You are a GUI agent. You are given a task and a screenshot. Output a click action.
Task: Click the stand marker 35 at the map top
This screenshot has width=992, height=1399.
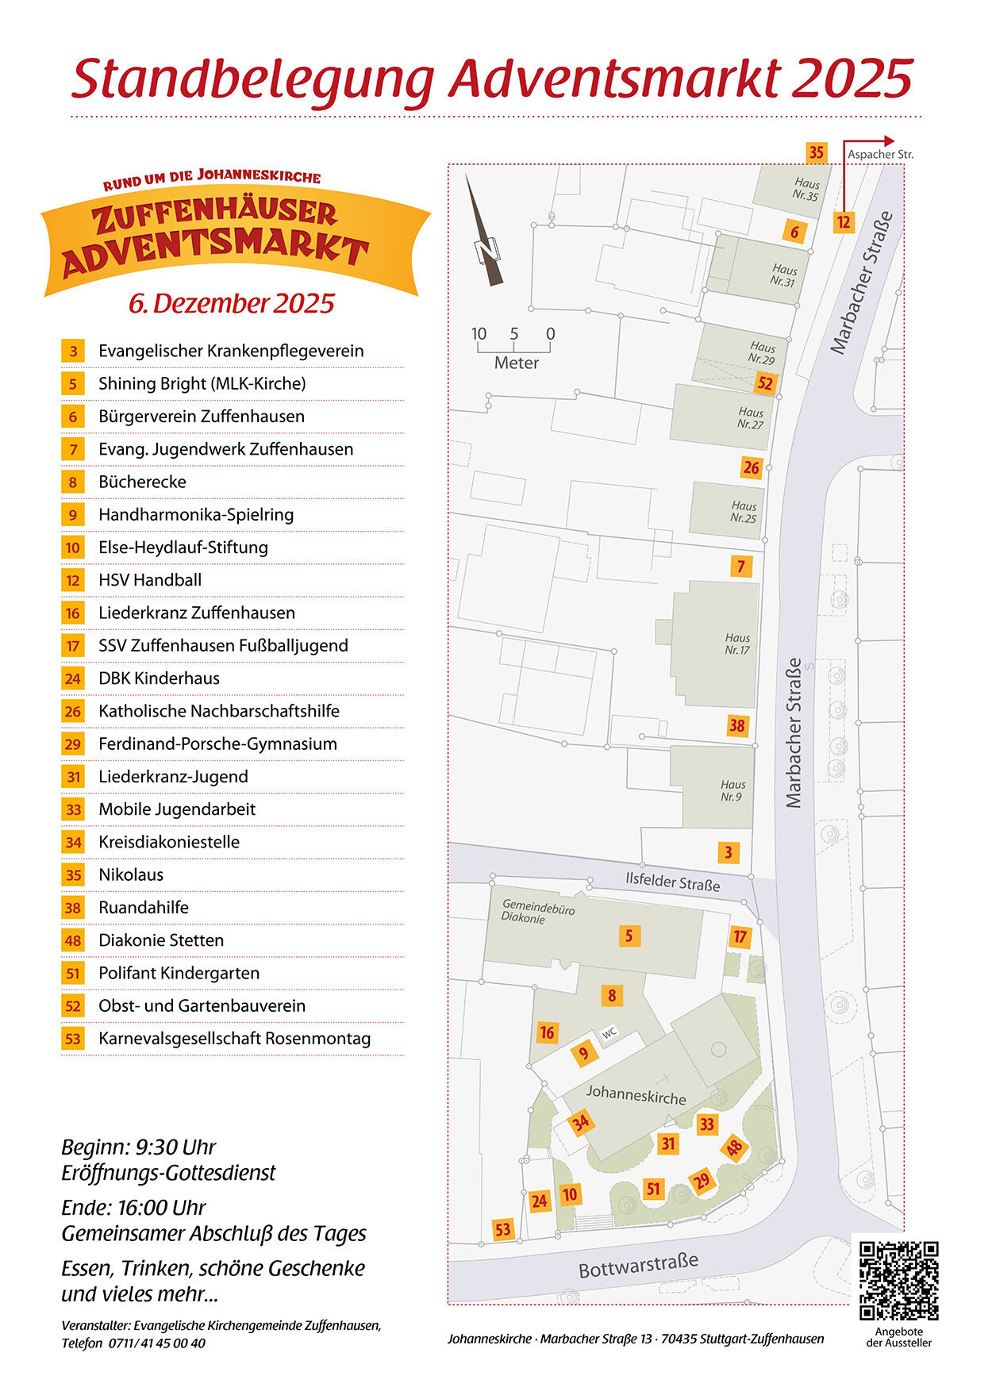point(816,152)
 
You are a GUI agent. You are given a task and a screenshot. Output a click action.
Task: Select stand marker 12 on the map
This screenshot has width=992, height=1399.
point(843,222)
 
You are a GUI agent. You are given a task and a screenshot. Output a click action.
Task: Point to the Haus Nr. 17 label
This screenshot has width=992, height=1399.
point(737,644)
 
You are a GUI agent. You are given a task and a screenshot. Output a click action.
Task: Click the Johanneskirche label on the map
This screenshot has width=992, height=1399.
point(636,1094)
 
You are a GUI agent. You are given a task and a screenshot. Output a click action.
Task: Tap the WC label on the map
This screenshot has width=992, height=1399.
point(609,1033)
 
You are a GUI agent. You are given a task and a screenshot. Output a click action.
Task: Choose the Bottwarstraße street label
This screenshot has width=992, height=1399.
point(638,1265)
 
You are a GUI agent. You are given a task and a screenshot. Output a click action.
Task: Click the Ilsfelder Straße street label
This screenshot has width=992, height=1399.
point(672,882)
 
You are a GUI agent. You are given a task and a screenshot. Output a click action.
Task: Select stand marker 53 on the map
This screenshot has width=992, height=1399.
point(502,1229)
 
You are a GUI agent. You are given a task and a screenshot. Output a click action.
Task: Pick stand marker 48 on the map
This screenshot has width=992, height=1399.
point(734,1147)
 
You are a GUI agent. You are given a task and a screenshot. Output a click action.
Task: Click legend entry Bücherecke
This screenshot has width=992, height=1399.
point(142,482)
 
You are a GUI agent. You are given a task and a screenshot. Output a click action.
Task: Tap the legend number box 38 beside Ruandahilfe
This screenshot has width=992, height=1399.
point(73,908)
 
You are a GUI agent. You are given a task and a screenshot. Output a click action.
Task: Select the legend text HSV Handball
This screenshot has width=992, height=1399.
point(150,580)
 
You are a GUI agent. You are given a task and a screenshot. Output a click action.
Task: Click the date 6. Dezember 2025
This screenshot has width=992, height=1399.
point(232,303)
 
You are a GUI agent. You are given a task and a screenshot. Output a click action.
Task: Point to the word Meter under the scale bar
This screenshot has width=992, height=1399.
point(516,363)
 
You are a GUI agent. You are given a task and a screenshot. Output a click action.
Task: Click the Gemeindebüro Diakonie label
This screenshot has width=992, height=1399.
point(538,912)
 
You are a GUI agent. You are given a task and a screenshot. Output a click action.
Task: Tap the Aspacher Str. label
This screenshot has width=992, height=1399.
point(880,154)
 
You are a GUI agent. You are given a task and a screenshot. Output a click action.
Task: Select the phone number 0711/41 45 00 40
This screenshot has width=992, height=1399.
point(157,1343)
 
